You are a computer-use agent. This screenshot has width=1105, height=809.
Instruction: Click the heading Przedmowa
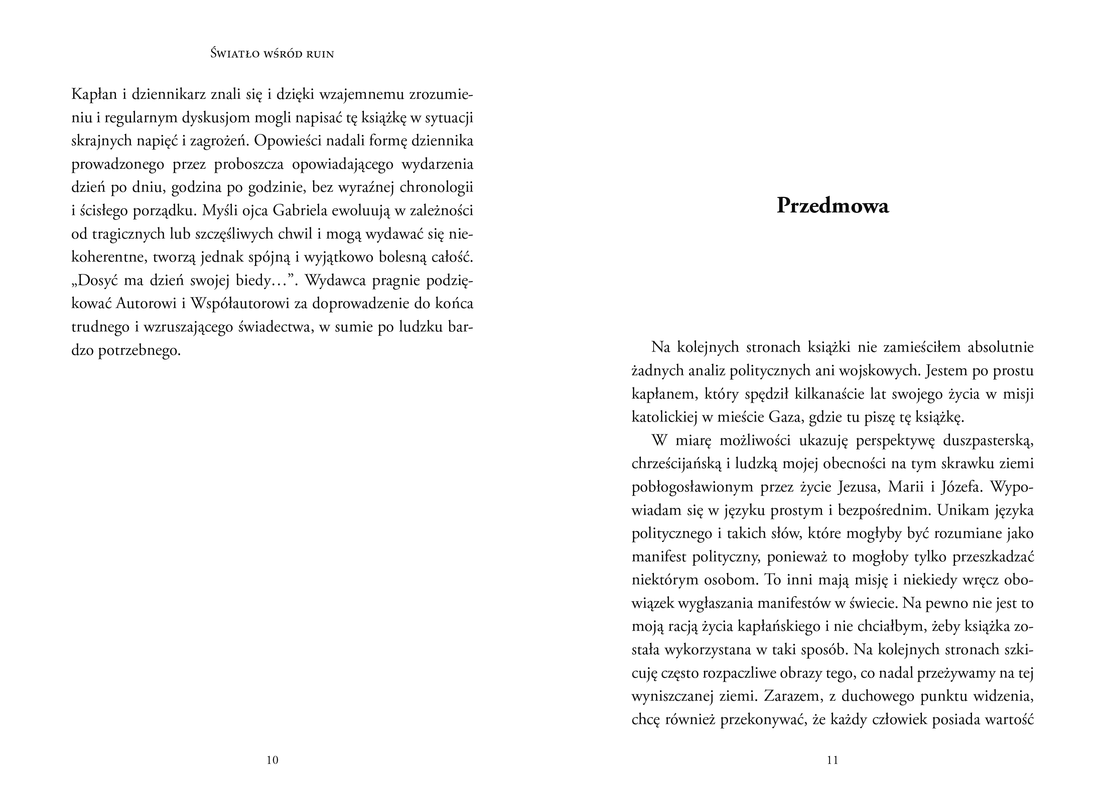coord(832,206)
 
